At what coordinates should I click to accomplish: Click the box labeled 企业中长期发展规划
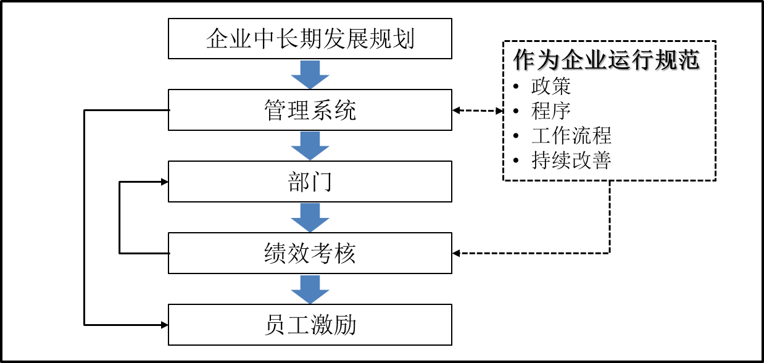pyautogui.click(x=310, y=38)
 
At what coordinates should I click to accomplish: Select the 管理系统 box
pyautogui.click(x=310, y=110)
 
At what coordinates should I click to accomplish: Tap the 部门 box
pyautogui.click(x=310, y=181)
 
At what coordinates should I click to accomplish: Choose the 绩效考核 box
pyautogui.click(x=310, y=253)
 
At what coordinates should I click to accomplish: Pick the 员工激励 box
pyautogui.click(x=310, y=325)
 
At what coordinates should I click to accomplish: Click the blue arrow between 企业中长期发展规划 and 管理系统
pyautogui.click(x=310, y=75)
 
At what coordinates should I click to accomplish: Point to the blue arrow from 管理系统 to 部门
pyautogui.click(x=310, y=146)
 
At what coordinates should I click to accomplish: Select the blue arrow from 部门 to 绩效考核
pyautogui.click(x=310, y=218)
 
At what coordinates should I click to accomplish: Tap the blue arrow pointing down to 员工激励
pyautogui.click(x=310, y=290)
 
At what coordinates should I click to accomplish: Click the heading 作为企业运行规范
pyautogui.click(x=606, y=60)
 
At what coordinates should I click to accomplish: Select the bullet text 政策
pyautogui.click(x=551, y=86)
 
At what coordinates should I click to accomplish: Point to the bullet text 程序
pyautogui.click(x=551, y=111)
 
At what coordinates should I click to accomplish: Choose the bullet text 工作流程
pyautogui.click(x=571, y=135)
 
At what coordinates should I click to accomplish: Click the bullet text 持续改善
pyautogui.click(x=571, y=161)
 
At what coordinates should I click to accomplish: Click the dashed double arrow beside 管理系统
pyautogui.click(x=478, y=111)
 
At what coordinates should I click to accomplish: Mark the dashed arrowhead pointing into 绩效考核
pyautogui.click(x=456, y=253)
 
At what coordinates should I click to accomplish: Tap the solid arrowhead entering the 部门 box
pyautogui.click(x=164, y=182)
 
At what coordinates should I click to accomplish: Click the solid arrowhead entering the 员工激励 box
pyautogui.click(x=164, y=325)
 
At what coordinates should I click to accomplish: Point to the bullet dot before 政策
pyautogui.click(x=516, y=86)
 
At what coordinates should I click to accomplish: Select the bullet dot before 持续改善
pyautogui.click(x=516, y=161)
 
